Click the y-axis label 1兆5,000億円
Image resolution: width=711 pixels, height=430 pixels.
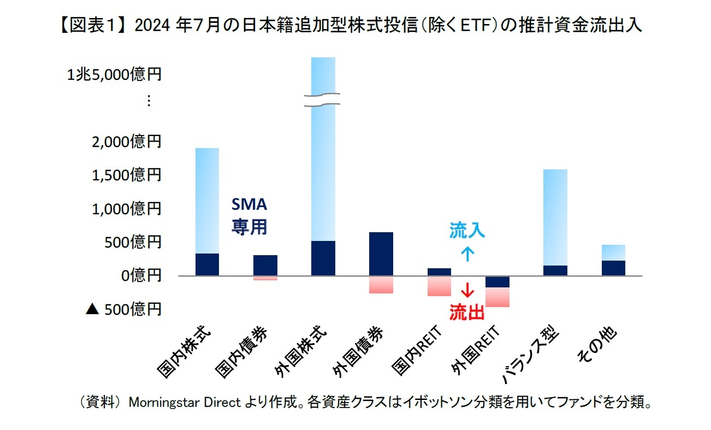point(114,75)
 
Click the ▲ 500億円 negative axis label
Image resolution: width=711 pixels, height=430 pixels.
point(123,309)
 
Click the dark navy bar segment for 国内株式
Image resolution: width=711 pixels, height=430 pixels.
point(207,264)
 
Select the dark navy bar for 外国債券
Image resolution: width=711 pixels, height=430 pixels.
point(381,254)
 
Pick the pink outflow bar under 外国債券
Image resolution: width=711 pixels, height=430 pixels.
point(381,285)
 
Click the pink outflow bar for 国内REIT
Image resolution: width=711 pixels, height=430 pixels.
point(439,286)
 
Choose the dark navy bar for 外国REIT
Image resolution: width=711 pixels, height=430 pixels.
point(497,282)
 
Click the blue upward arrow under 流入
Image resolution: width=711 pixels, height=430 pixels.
point(467,254)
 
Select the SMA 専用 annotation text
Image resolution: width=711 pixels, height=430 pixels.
point(249,216)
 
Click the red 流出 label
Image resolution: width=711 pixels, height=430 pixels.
point(467,312)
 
